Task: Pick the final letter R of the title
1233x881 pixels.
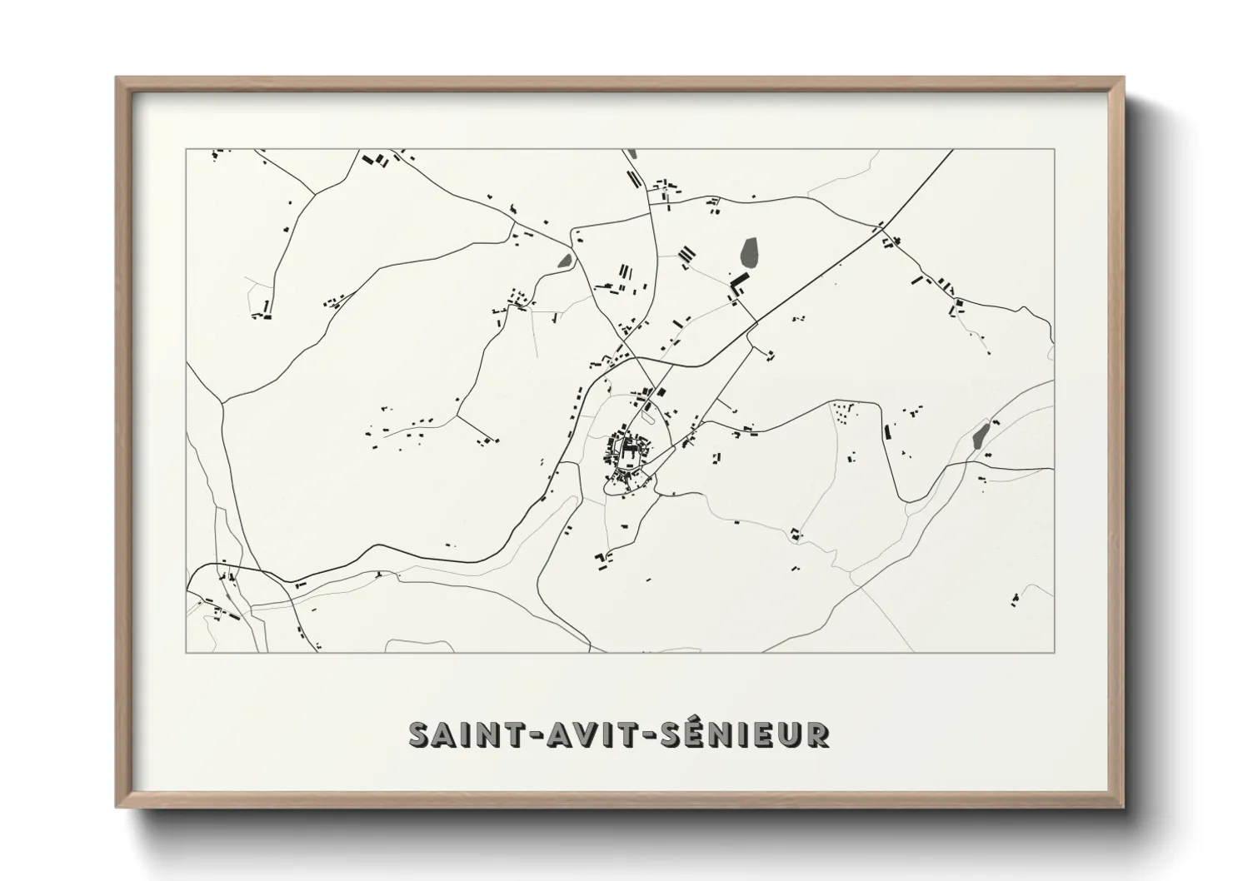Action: (817, 734)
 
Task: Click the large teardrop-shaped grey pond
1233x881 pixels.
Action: (748, 252)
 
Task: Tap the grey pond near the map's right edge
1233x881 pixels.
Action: (981, 435)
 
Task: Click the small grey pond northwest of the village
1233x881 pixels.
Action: (565, 261)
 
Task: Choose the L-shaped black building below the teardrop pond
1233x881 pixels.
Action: (736, 285)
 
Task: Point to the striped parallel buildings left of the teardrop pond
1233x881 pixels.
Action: (686, 254)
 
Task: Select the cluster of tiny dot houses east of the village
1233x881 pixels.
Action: (843, 412)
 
